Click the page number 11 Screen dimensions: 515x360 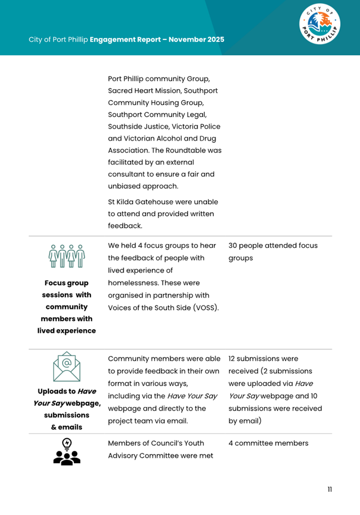point(330,489)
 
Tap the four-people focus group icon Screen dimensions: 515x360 point(67,255)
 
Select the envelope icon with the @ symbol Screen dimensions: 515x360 point(67,366)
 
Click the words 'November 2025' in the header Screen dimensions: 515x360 point(196,40)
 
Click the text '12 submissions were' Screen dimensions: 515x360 point(263,359)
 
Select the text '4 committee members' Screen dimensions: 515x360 point(269,443)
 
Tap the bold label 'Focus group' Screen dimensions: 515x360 point(67,283)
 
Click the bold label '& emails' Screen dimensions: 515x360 point(67,427)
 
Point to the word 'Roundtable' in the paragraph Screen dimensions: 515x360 point(185,150)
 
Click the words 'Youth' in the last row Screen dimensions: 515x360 point(192,443)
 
